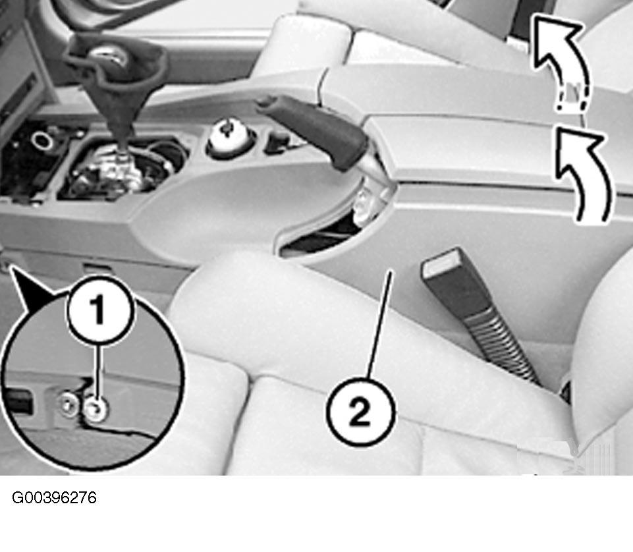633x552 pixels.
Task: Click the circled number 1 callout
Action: (99, 310)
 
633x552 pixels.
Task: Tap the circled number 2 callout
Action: (360, 412)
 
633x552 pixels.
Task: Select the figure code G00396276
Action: (54, 497)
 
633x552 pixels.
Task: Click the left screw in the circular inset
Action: (68, 404)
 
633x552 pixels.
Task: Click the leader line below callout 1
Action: (97, 372)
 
